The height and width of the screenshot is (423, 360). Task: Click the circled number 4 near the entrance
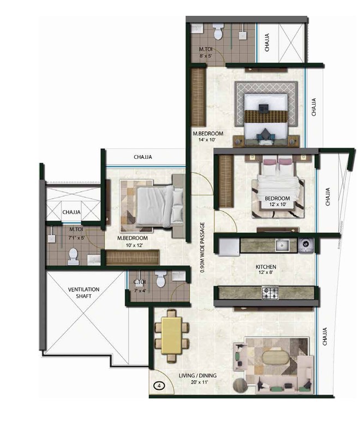159,386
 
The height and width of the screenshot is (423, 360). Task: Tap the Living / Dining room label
197,378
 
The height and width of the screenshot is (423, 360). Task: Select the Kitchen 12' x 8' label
266,270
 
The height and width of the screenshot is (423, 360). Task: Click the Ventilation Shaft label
83,293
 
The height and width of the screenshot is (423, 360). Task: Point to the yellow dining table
171,335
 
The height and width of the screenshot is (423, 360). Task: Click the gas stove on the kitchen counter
270,293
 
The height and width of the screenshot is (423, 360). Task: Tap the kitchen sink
282,245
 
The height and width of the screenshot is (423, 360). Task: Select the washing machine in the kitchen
306,246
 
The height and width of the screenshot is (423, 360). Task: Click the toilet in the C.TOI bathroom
161,279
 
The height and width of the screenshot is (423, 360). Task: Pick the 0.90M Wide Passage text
202,247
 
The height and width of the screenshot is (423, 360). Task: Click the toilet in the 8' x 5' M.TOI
218,32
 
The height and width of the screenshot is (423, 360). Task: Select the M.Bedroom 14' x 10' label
208,136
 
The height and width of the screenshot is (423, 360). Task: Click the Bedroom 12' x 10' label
278,201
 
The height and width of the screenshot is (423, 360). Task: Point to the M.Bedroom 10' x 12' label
133,241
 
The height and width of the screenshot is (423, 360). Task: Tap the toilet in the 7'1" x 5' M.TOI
73,257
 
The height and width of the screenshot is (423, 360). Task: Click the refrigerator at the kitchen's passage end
229,247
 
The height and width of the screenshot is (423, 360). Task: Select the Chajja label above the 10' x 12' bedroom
143,157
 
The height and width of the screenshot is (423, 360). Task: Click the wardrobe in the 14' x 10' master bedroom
199,97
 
